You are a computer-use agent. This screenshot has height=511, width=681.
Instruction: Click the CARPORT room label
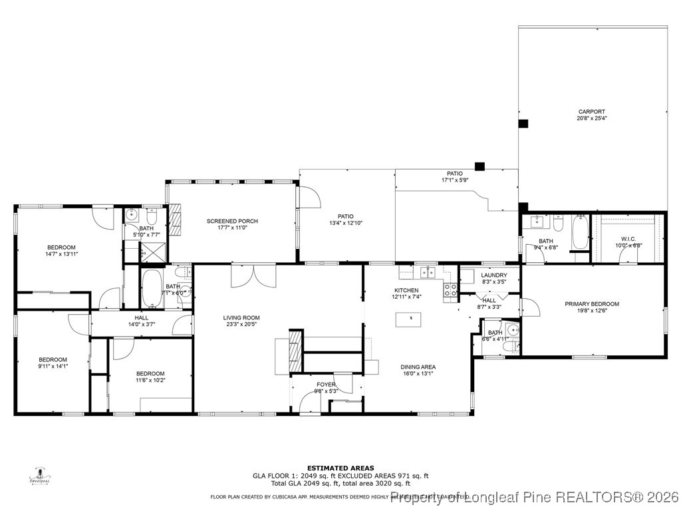click(591, 112)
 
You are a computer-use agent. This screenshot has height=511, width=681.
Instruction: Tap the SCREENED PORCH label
click(232, 221)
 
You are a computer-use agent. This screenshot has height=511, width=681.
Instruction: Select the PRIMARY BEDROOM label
click(592, 304)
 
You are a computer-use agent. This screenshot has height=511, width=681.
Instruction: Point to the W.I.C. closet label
click(628, 239)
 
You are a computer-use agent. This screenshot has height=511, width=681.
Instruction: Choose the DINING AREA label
click(418, 367)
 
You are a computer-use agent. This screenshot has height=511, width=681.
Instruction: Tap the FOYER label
click(326, 384)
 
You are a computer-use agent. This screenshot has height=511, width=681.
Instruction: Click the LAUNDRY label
click(494, 275)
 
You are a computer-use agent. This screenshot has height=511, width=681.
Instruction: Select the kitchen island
click(411, 319)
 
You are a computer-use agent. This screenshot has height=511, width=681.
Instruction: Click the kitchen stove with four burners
click(450, 289)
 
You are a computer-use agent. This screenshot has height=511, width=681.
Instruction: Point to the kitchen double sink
click(426, 272)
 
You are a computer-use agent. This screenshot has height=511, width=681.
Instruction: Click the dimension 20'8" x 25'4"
click(591, 118)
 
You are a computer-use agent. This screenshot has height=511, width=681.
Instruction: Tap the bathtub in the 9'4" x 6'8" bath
click(580, 233)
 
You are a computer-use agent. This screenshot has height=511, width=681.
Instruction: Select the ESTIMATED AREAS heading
click(340, 468)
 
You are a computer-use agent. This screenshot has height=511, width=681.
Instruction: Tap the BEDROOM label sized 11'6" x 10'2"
click(150, 373)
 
